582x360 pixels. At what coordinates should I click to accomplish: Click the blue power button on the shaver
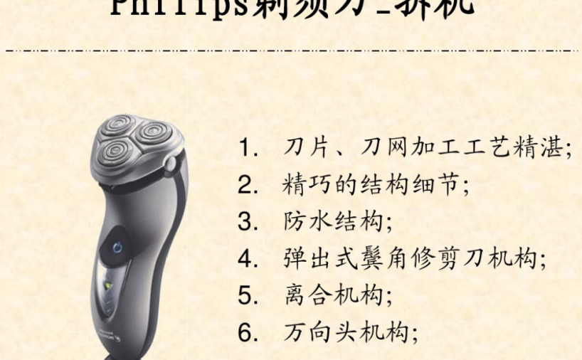pyautogui.click(x=119, y=248)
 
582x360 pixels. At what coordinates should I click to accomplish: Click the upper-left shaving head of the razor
pyautogui.click(x=115, y=125)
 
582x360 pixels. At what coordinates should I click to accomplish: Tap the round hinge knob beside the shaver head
pyautogui.click(x=171, y=164)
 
